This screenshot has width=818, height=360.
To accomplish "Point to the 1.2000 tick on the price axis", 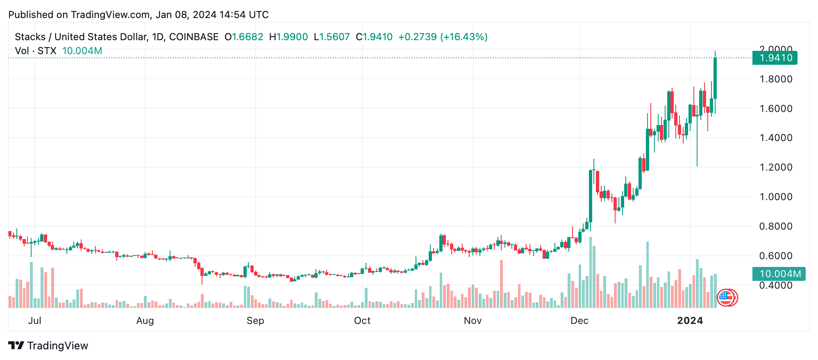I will pos(776,167).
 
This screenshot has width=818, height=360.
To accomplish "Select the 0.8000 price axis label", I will pos(776,226).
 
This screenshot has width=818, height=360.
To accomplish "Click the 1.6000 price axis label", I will pos(776,109).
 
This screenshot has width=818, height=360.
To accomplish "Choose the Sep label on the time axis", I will pos(255,321).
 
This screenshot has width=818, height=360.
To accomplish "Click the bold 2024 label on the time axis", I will pos(690,321).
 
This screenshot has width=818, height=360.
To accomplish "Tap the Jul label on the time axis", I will pos(35,321).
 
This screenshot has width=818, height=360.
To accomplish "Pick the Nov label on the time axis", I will pos(473,321).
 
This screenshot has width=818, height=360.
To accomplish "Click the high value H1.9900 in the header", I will pos(289,37).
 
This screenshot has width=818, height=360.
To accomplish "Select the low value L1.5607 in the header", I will pos(332,37).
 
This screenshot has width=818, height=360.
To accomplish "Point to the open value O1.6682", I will pos(244,37).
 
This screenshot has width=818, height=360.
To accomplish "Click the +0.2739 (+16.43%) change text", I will pos(443,37).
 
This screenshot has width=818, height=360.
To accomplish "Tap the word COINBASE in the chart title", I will pos(194,37).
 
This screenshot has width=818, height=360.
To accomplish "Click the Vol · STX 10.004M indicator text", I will pos(59,51).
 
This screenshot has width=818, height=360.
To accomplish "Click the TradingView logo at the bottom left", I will pos(48,346).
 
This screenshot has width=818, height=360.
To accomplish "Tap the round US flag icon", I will pos(726,297).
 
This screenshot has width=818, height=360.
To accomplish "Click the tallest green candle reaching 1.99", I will pos(715,78).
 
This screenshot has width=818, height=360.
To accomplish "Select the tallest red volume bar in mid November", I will pos(501,284).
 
